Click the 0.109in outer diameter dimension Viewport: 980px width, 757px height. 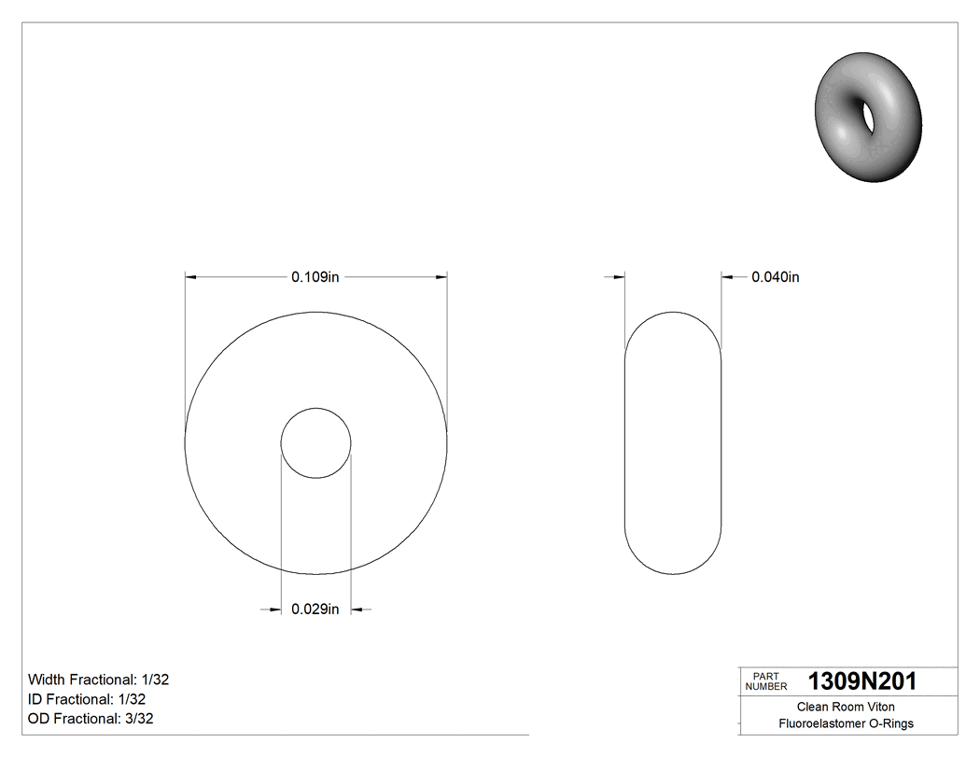315,276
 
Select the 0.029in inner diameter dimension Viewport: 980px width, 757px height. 315,610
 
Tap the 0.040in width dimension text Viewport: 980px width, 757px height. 776,276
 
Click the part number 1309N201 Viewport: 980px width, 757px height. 861,681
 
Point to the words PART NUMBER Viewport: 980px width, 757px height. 765,681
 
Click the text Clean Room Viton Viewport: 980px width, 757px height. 845,707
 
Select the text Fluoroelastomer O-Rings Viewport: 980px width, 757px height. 846,723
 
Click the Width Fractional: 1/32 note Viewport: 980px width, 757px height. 99,680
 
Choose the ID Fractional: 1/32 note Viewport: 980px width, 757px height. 87,699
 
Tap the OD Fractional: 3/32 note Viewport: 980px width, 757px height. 91,719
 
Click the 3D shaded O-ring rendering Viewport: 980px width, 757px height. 868,117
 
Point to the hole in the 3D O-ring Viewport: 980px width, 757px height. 869,117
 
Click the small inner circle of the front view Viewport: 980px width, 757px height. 316,443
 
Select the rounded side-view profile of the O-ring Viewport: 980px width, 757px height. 672,442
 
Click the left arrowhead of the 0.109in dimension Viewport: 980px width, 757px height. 190,276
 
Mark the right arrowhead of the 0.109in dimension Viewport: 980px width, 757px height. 441,276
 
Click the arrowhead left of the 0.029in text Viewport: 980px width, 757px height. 275,610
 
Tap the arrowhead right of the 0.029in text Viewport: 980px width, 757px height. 357,610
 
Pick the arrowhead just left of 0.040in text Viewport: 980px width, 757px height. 728,276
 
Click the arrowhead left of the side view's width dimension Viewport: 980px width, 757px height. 617,276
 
